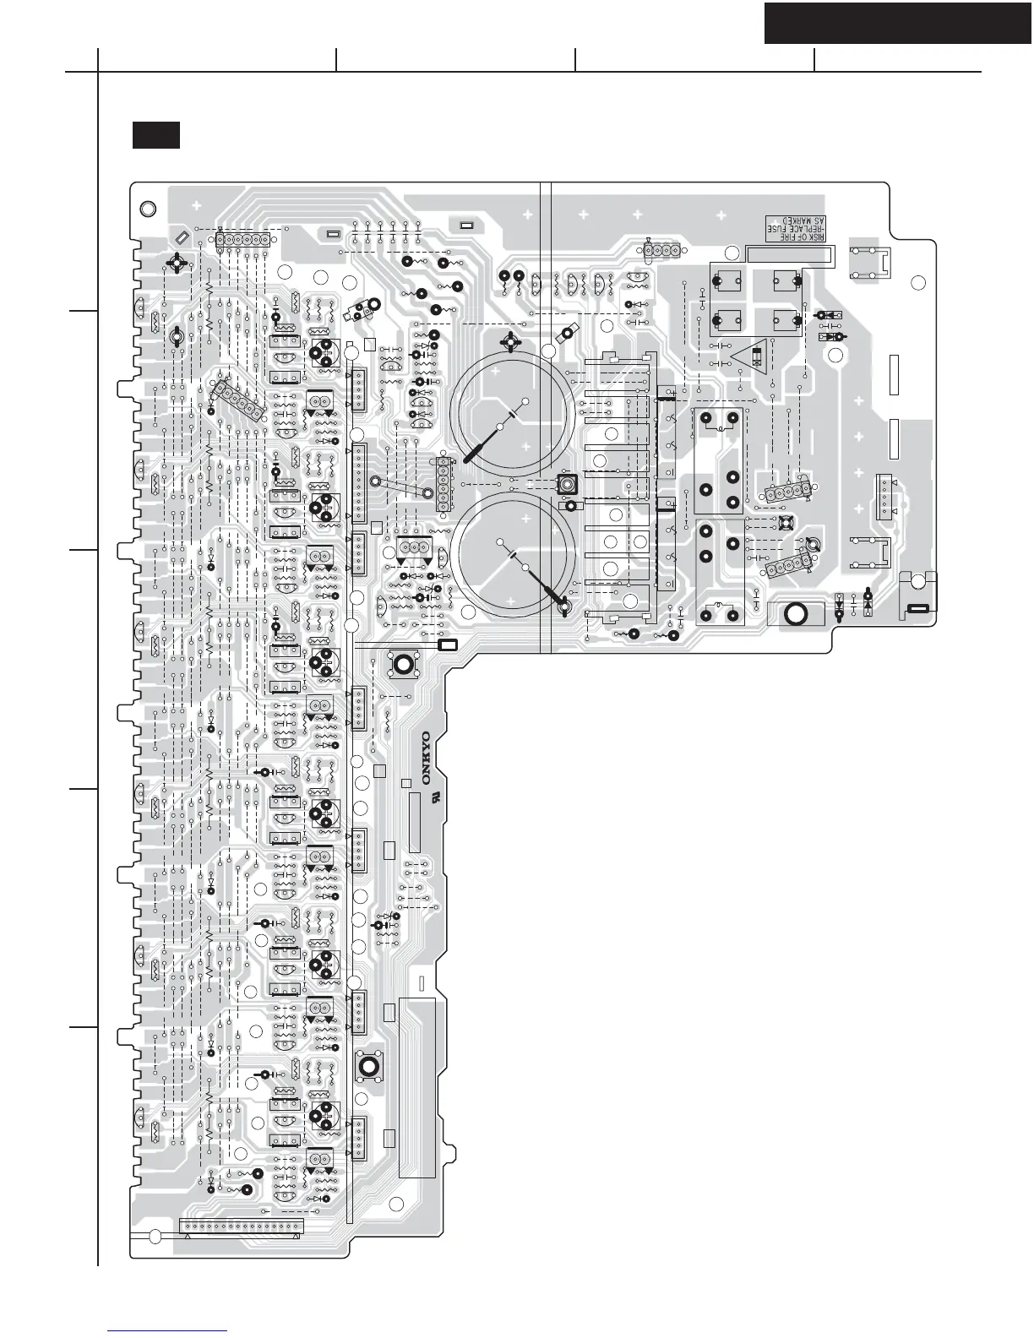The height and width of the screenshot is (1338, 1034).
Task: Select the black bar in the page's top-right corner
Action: (898, 23)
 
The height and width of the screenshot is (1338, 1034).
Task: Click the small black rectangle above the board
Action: (156, 135)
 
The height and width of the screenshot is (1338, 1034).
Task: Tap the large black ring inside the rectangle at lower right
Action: (795, 614)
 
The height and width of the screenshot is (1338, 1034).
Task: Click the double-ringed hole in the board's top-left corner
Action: (147, 209)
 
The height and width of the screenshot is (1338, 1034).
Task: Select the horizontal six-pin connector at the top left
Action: (242, 241)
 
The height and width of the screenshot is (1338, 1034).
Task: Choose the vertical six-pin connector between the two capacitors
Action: (442, 485)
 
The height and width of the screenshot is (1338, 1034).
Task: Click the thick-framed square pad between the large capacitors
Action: (568, 485)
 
